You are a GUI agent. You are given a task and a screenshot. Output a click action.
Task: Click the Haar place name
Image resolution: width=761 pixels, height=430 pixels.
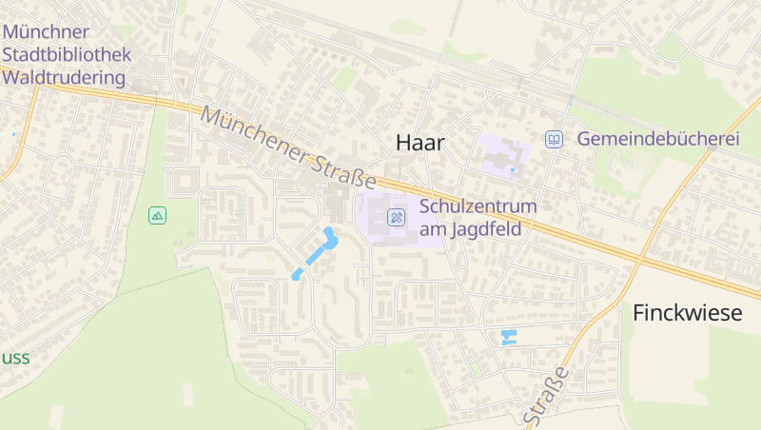click(x=420, y=142)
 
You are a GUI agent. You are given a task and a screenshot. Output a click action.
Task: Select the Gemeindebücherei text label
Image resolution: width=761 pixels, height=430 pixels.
click(x=657, y=139)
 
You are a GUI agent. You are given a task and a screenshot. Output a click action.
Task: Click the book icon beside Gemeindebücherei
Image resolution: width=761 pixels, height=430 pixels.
click(x=554, y=139)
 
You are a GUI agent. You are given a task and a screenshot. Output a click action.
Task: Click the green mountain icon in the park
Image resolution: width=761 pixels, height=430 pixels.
click(x=158, y=216)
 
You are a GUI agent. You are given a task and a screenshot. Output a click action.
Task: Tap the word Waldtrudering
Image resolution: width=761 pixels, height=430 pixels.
click(x=65, y=77)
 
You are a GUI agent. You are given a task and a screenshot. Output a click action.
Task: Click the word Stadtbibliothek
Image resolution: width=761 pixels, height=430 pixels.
click(x=67, y=54)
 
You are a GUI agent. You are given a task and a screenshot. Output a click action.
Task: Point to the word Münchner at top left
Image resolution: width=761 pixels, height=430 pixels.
click(x=46, y=31)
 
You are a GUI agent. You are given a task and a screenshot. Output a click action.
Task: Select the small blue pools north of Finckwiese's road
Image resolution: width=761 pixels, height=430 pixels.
click(x=508, y=337)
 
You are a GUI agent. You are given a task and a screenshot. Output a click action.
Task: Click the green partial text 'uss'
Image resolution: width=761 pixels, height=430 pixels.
click(x=14, y=358)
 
